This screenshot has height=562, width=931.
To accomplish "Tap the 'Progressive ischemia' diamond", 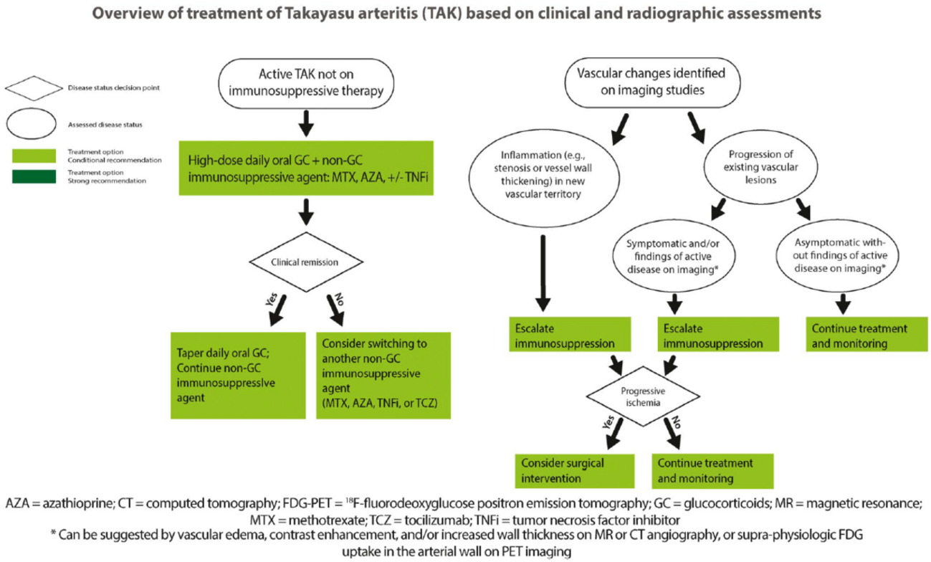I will (636, 396).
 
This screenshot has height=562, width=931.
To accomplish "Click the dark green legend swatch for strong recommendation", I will (34, 177).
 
